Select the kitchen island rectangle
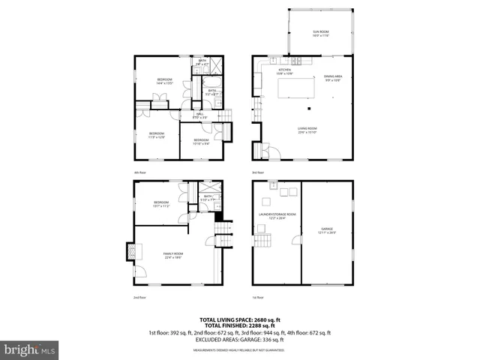point(296,89)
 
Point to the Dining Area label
point(333,78)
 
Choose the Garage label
point(326,231)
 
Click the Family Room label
point(174,255)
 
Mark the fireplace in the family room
point(133,251)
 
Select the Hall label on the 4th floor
point(200,115)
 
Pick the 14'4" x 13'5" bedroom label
point(165,81)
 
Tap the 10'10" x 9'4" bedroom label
point(201,141)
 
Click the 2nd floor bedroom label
point(161,204)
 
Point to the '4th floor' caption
point(139,172)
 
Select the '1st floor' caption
point(258,298)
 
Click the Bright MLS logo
point(30,349)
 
